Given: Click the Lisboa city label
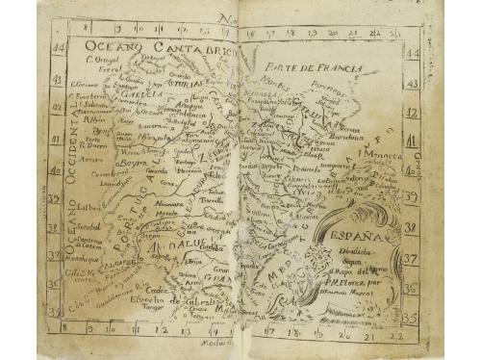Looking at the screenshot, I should [x=88, y=206].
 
